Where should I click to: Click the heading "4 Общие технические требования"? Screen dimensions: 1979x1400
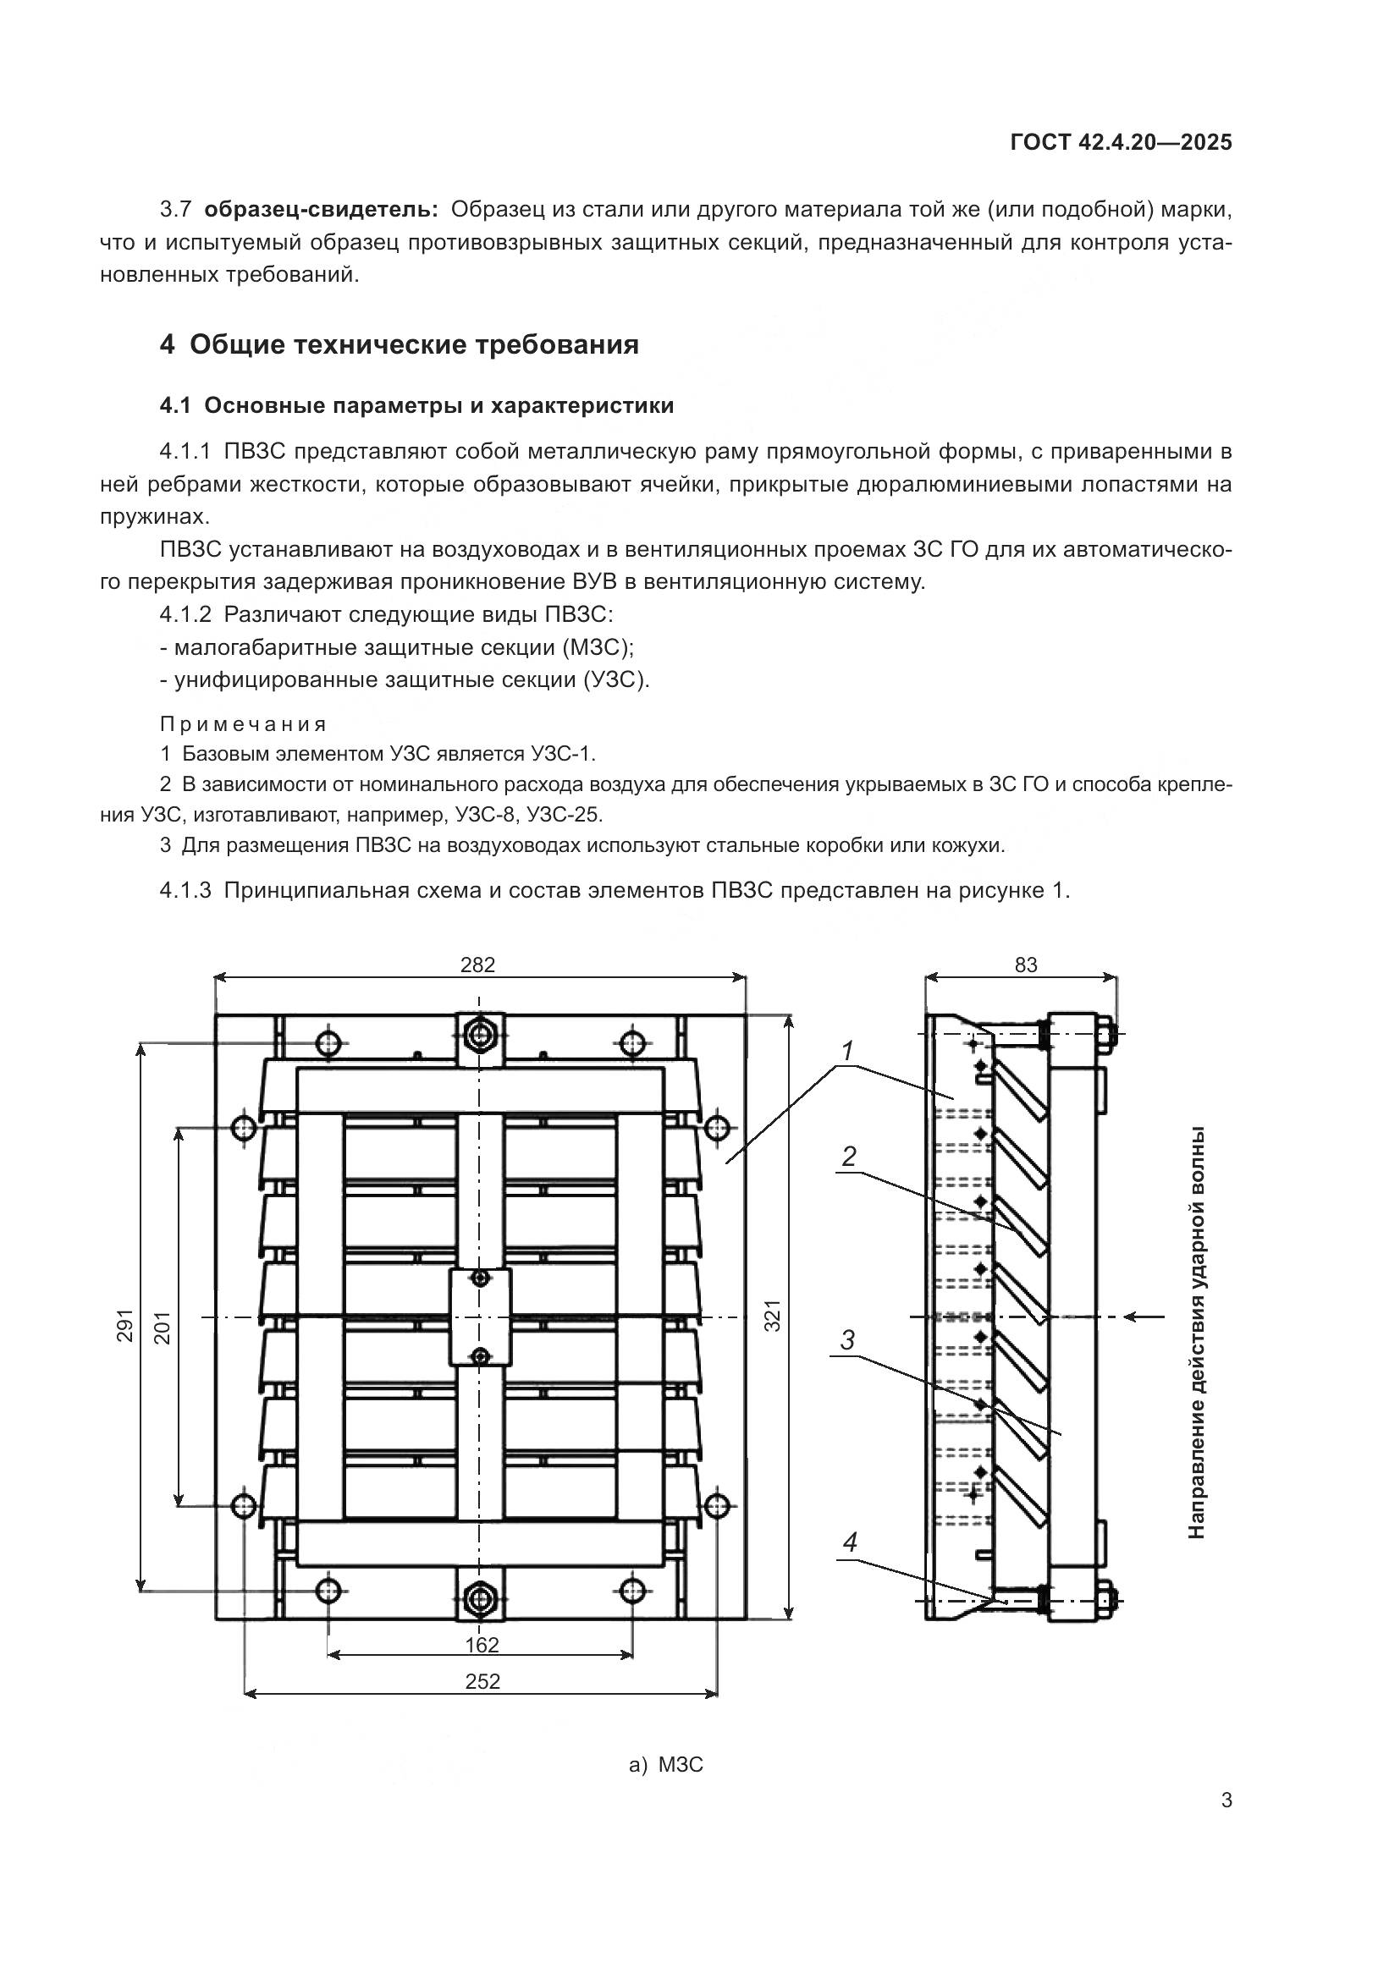400,344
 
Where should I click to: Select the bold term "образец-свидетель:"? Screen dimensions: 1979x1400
322,210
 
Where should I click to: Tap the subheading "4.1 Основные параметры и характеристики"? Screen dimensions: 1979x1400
416,406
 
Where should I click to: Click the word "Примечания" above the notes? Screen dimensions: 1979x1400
243,724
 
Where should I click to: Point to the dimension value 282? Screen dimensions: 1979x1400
477,965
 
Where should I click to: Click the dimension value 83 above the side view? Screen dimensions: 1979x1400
1026,965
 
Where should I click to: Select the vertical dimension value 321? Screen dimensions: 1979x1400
774,1316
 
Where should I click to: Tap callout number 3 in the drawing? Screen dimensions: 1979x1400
847,1340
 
